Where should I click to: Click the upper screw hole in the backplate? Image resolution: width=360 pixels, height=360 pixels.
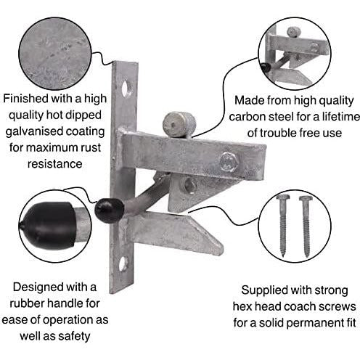tap(126, 88)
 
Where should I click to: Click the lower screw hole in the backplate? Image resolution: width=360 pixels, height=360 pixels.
tap(123, 263)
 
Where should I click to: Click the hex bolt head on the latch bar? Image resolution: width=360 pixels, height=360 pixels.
tap(228, 161)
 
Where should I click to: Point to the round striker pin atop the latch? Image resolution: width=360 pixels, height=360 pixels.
tap(179, 124)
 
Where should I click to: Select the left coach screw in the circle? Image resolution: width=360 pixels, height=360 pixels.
tap(283, 226)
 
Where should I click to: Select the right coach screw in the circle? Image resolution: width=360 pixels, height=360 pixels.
tap(306, 226)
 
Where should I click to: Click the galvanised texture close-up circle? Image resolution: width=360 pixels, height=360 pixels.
tap(55, 54)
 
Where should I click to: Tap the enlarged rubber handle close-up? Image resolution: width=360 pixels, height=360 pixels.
tap(55, 226)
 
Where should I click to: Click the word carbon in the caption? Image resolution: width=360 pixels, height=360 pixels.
tap(253, 117)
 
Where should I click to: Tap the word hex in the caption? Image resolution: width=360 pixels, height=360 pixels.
tap(242, 306)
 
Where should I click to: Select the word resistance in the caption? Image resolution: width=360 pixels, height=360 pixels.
tap(54, 164)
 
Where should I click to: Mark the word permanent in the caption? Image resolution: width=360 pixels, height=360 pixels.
tap(311, 324)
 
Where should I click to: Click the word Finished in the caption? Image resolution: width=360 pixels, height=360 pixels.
tap(25, 99)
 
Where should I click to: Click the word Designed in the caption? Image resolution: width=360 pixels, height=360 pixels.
tap(38, 287)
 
